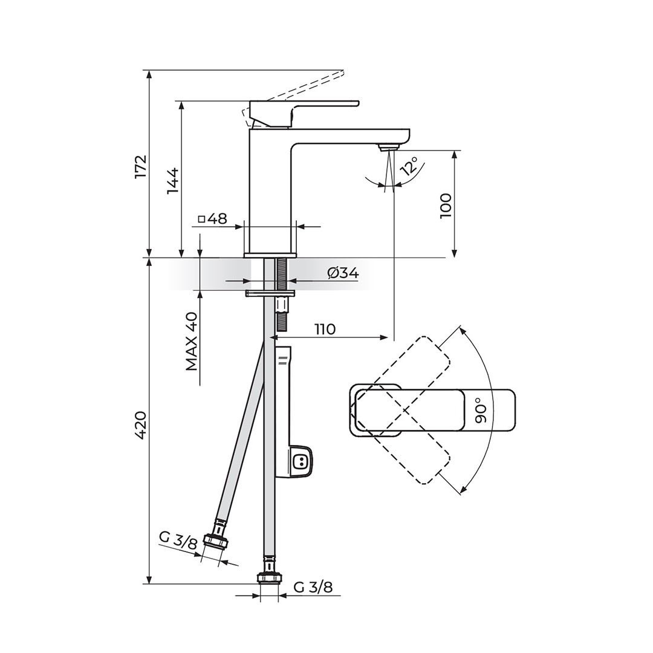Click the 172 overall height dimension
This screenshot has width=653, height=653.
coord(141,167)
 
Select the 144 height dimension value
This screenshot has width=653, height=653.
coord(172,180)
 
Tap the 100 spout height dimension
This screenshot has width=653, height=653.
coord(445,206)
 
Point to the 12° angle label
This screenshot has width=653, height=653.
coord(409,165)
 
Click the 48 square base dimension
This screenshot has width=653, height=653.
coord(213,219)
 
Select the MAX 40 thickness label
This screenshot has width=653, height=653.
coord(192,341)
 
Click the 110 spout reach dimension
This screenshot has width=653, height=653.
coord(325,330)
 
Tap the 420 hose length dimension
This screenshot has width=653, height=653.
coord(141,425)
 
